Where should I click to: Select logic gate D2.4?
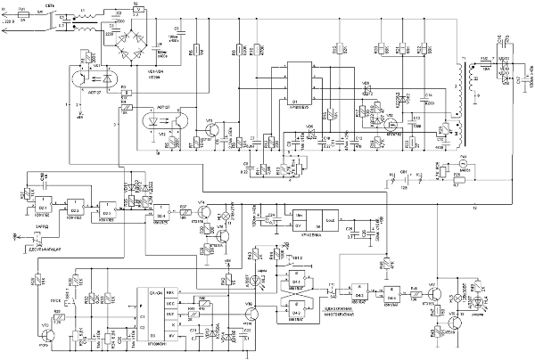tap(163, 211)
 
